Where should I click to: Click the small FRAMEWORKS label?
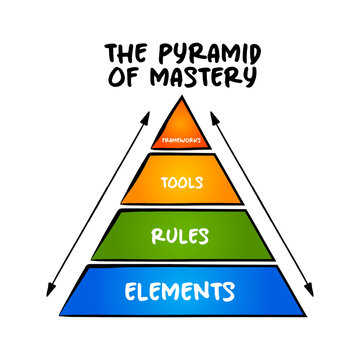tap(180, 140)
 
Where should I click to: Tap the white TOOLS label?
tap(180, 183)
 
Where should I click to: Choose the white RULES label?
tap(180, 237)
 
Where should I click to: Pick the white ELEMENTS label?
tap(180, 292)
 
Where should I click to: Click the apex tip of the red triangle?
tap(180, 97)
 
